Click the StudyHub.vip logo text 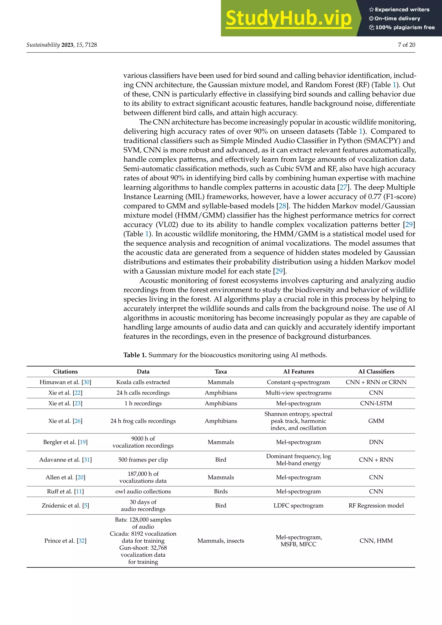pyautogui.click(x=289, y=19)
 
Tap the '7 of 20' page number pyautogui.click(x=406, y=45)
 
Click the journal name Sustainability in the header pyautogui.click(x=43, y=45)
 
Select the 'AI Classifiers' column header pyautogui.click(x=376, y=372)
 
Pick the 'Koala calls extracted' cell pyautogui.click(x=143, y=382)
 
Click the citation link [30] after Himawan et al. pyautogui.click(x=87, y=382)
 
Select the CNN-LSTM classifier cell pyautogui.click(x=376, y=403)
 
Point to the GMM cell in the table pyautogui.click(x=376, y=421)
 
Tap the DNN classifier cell pyautogui.click(x=376, y=442)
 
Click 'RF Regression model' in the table pyautogui.click(x=376, y=505)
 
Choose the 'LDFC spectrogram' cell pyautogui.click(x=298, y=505)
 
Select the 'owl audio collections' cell pyautogui.click(x=143, y=491)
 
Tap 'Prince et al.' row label pyautogui.click(x=60, y=541)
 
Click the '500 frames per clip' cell pyautogui.click(x=143, y=460)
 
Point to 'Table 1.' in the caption pyautogui.click(x=135, y=355)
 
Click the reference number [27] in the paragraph pyautogui.click(x=343, y=187)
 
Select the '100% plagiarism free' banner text pyautogui.click(x=405, y=27)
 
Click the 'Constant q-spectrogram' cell pyautogui.click(x=298, y=382)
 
